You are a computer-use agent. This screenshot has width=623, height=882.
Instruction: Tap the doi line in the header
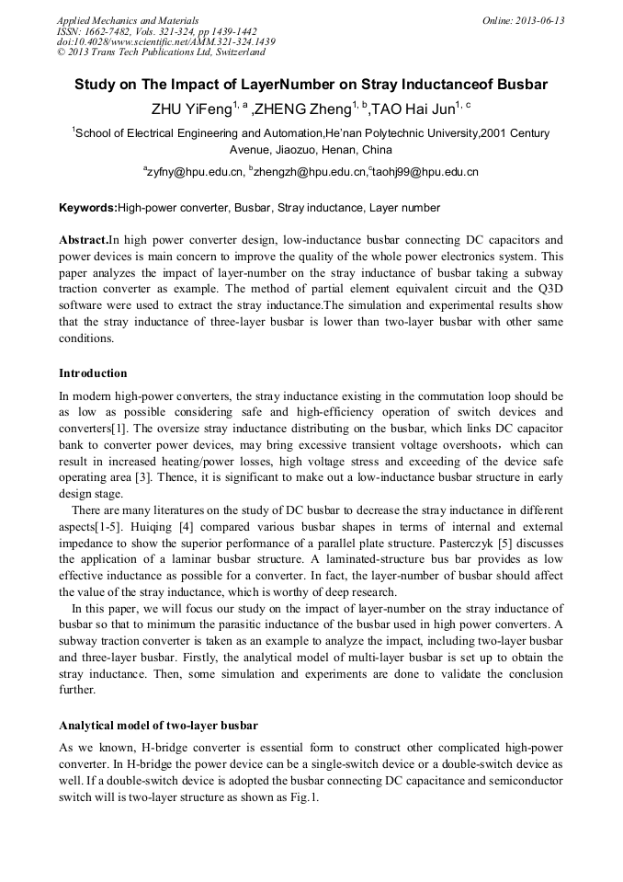click(x=166, y=42)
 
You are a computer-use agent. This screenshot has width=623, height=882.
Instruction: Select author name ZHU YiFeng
click(x=190, y=109)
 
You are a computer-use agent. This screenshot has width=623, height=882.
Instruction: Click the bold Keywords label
click(x=88, y=209)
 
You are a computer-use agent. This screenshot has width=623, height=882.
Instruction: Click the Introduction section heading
click(x=93, y=373)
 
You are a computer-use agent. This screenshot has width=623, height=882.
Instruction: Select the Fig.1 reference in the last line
click(x=302, y=798)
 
